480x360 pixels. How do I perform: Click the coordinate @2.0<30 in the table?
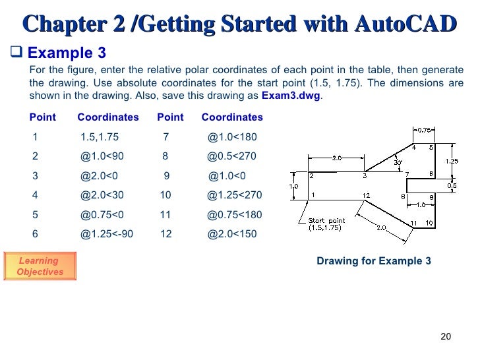pos(102,195)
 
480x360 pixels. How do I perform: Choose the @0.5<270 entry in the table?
pos(231,156)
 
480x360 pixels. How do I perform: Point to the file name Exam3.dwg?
pos(292,95)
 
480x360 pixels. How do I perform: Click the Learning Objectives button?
pos(40,266)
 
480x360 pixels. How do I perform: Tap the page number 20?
pos(445,336)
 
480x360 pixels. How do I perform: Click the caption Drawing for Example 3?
pos(374,261)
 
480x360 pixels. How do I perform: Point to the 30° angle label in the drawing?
pos(397,162)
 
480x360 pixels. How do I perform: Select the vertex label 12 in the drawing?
pos(366,195)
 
